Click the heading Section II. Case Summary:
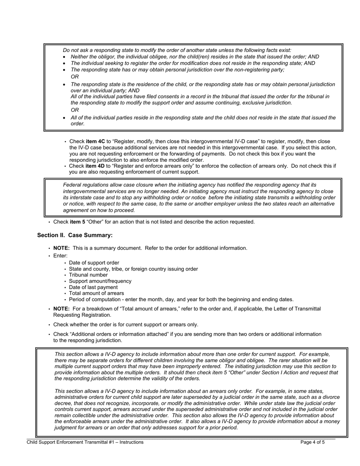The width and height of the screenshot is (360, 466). coord(75,235)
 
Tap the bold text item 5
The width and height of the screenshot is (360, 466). coord(77,222)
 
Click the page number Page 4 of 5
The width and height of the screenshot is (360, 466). coord(312,442)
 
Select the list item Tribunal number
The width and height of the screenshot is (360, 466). coord(88,275)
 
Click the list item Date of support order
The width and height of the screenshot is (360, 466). coord(94,263)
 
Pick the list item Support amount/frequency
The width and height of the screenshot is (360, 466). coord(100,281)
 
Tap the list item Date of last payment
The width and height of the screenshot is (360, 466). coord(93,287)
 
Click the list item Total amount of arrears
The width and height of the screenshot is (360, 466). coord(96,293)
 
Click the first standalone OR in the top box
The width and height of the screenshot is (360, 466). coord(75,77)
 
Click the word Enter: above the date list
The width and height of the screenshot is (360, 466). coord(60,256)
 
